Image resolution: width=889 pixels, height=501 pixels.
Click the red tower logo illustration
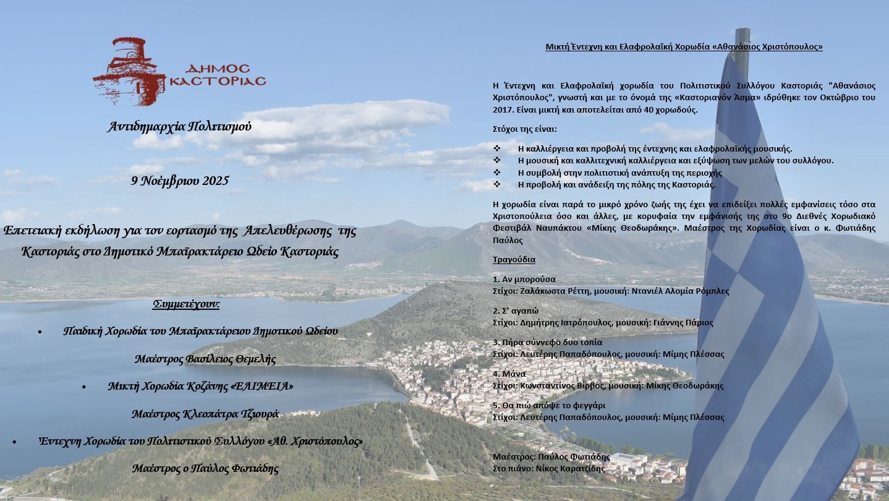pyautogui.click(x=129, y=71)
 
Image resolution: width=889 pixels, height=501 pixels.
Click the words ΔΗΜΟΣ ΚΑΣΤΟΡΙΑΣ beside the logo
pyautogui.click(x=217, y=75)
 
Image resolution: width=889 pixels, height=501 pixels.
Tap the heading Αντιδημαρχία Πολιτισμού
pyautogui.click(x=179, y=127)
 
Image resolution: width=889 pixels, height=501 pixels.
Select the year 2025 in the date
pyautogui.click(x=216, y=181)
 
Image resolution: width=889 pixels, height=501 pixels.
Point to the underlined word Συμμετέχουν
pyautogui.click(x=186, y=304)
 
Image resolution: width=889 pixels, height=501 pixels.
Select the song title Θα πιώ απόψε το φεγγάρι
pyautogui.click(x=553, y=405)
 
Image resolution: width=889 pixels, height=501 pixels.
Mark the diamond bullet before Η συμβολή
pyautogui.click(x=497, y=173)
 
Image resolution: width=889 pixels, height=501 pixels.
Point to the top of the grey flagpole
pyautogui.click(x=742, y=31)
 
